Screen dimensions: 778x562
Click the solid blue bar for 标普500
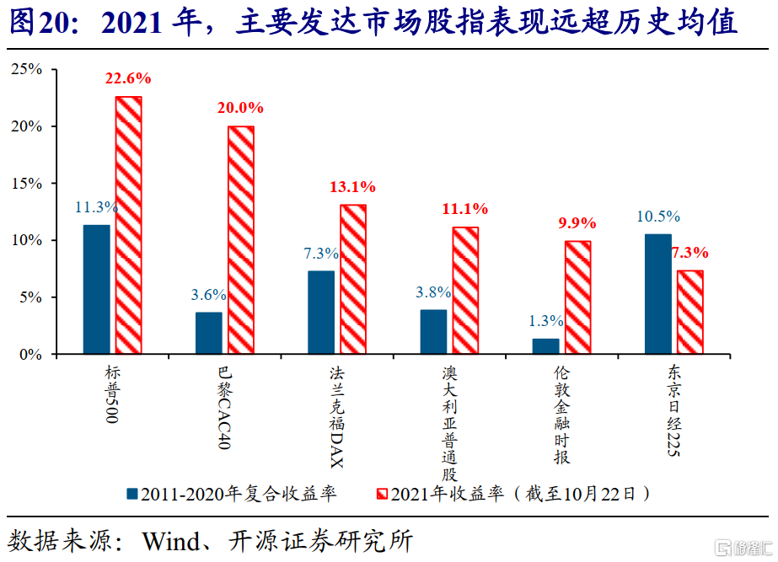pyautogui.click(x=97, y=289)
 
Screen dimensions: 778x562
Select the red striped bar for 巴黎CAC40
pyautogui.click(x=241, y=240)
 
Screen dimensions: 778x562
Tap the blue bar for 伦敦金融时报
pyautogui.click(x=546, y=346)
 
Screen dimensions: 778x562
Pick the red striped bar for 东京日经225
pyautogui.click(x=690, y=312)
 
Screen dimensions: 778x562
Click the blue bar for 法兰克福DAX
pyautogui.click(x=321, y=313)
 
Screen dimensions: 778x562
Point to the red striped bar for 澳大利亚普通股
pyautogui.click(x=465, y=291)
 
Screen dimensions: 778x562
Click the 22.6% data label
pyautogui.click(x=128, y=78)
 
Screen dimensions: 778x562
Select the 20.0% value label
pyautogui.click(x=240, y=108)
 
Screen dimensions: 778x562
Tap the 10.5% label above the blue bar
pyautogui.click(x=658, y=217)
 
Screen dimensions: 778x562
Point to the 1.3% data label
pyautogui.click(x=546, y=321)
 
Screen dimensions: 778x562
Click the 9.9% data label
pyautogui.click(x=577, y=223)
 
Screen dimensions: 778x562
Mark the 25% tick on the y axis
pyautogui.click(x=27, y=69)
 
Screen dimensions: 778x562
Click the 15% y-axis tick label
pyautogui.click(x=27, y=184)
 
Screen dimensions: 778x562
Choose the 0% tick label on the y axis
pyautogui.click(x=30, y=355)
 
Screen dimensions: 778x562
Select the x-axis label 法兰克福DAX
pyautogui.click(x=337, y=417)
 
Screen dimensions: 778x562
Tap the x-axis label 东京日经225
pyautogui.click(x=673, y=410)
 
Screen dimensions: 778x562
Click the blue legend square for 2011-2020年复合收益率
pyautogui.click(x=132, y=494)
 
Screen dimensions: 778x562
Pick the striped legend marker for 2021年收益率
pyautogui.click(x=382, y=494)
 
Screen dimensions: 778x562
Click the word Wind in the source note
pyautogui.click(x=171, y=541)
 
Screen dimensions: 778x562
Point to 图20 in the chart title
pyautogui.click(x=40, y=22)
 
